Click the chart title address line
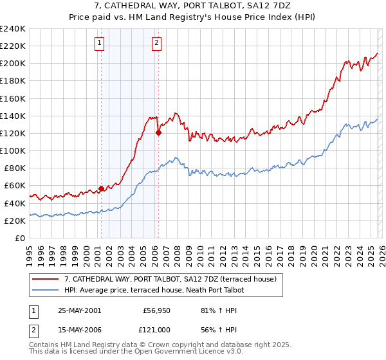tap(193, 5)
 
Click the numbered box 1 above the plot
tap(100, 44)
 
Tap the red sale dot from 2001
tap(101, 188)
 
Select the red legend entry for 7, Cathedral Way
tap(170, 279)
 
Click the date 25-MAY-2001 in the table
tap(79, 310)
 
